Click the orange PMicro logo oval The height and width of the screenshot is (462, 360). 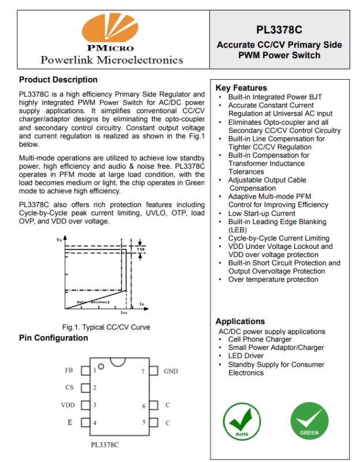coord(110,32)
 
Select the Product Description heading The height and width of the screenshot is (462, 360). coord(58,80)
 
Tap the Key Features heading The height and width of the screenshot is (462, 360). coord(241,88)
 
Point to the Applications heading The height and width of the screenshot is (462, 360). coord(240,321)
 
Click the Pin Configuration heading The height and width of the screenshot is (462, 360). coord(53,338)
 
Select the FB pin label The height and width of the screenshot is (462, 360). coord(69,371)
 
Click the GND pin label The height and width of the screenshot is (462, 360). coord(171,371)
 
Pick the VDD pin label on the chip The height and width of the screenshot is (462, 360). coord(68,405)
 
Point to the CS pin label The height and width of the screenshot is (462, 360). coord(69,388)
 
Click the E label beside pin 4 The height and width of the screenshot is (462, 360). coord(70,423)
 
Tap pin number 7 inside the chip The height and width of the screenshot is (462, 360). coord(143,371)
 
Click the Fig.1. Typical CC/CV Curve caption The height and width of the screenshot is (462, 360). coord(106,327)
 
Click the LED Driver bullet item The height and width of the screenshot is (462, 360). coord(246,356)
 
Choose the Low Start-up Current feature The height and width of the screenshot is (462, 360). coord(261,213)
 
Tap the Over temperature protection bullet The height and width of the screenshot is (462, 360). coord(273,280)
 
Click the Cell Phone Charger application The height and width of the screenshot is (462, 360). coord(260,340)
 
